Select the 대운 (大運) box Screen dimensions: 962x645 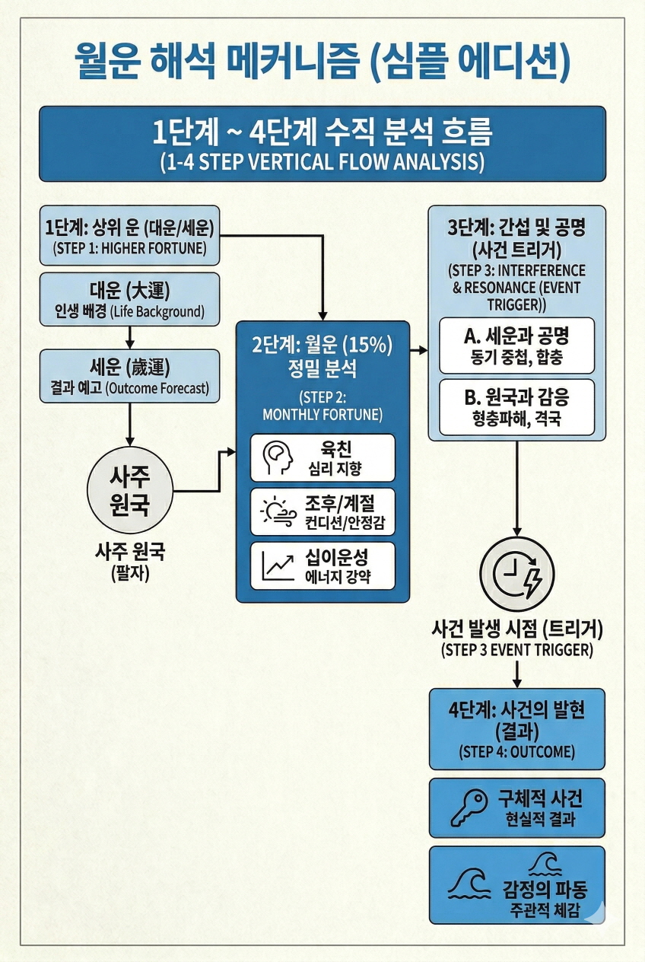pyautogui.click(x=129, y=300)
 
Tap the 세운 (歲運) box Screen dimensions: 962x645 pyautogui.click(x=129, y=376)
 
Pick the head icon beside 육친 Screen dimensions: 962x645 pyautogui.click(x=278, y=458)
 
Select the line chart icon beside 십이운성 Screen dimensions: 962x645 pyautogui.click(x=278, y=565)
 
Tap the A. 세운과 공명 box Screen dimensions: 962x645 pyautogui.click(x=517, y=343)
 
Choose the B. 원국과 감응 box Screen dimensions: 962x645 pyautogui.click(x=517, y=406)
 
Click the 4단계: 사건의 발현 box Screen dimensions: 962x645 pyautogui.click(x=517, y=728)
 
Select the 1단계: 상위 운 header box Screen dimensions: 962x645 pyautogui.click(x=129, y=235)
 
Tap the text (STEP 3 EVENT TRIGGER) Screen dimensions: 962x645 pyautogui.click(x=517, y=651)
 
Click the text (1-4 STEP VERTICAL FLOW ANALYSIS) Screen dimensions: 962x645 pyautogui.click(x=322, y=162)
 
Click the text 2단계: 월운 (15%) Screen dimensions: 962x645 pyautogui.click(x=322, y=344)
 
